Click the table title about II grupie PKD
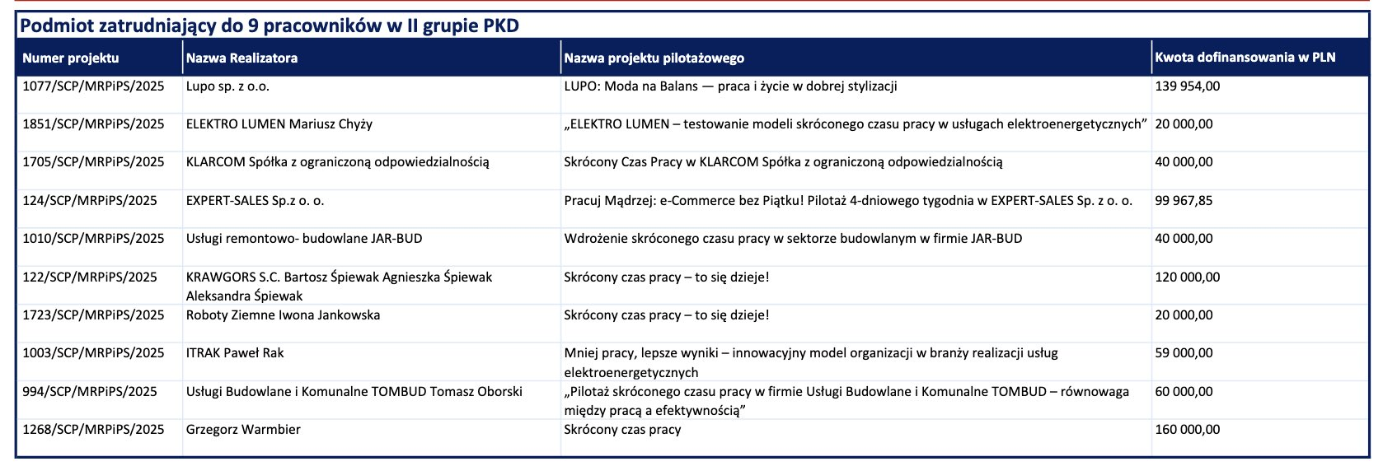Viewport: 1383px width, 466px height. pyautogui.click(x=270, y=26)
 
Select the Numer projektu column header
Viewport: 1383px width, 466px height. pyautogui.click(x=71, y=58)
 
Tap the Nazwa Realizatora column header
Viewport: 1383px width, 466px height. pyautogui.click(x=242, y=58)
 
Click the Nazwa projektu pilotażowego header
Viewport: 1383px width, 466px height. pyautogui.click(x=654, y=58)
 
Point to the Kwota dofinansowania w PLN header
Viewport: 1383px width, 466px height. pyautogui.click(x=1245, y=58)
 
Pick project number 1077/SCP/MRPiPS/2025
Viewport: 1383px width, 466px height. pyautogui.click(x=93, y=86)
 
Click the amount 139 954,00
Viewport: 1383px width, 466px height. pyautogui.click(x=1188, y=86)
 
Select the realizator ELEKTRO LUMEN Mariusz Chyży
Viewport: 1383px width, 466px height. pyautogui.click(x=279, y=123)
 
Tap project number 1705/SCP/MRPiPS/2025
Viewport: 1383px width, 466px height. pyautogui.click(x=93, y=162)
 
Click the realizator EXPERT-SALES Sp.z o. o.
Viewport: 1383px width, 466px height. pyautogui.click(x=255, y=200)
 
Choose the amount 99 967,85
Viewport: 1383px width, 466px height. pyautogui.click(x=1184, y=200)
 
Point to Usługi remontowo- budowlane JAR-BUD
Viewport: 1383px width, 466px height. pyautogui.click(x=304, y=239)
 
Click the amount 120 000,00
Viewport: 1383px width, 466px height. pyautogui.click(x=1188, y=277)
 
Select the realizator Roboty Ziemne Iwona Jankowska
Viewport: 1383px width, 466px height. pyautogui.click(x=284, y=315)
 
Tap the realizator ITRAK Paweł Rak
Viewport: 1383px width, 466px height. pyautogui.click(x=235, y=353)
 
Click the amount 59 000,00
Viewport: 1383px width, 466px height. pyautogui.click(x=1184, y=353)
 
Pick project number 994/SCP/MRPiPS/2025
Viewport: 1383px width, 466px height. pyautogui.click(x=90, y=391)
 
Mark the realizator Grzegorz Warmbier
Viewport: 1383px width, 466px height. pyautogui.click(x=243, y=430)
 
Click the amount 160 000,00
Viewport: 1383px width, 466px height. pyautogui.click(x=1188, y=430)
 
